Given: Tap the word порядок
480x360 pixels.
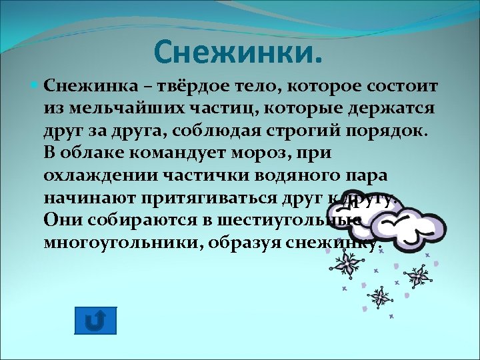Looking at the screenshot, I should click(x=387, y=131).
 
